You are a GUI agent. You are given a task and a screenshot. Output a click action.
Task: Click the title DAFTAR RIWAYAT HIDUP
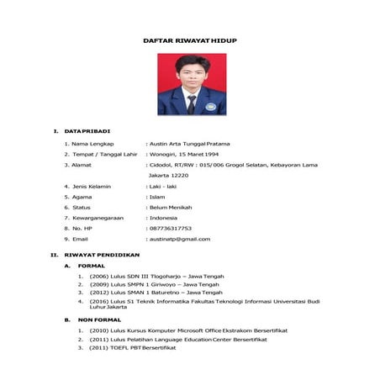coord(190,40)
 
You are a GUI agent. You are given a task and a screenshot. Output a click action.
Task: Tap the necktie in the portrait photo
coord(191,103)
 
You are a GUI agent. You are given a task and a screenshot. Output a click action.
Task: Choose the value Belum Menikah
coord(171,207)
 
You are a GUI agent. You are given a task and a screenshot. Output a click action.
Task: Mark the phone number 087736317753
coord(170,228)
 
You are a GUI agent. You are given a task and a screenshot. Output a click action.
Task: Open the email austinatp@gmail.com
coord(179,239)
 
